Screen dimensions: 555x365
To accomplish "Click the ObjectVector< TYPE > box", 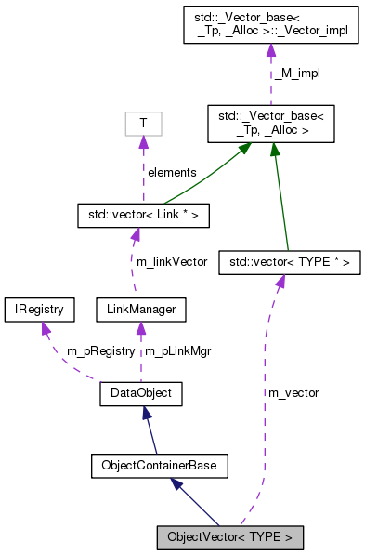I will [x=229, y=537].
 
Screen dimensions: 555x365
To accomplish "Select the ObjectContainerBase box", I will [x=159, y=466].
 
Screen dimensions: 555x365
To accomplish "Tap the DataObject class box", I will [x=140, y=394].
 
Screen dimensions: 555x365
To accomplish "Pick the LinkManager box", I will [x=140, y=308].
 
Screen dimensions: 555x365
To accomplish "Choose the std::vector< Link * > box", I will [x=143, y=216].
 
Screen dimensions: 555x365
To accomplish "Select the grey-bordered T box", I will [x=143, y=123].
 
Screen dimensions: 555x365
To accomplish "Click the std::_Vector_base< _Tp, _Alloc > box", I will [x=270, y=123].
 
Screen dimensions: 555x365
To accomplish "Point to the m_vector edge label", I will [x=293, y=393].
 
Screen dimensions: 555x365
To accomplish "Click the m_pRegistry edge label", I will [x=101, y=351].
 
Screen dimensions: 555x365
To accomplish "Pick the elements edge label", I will [x=171, y=172].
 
